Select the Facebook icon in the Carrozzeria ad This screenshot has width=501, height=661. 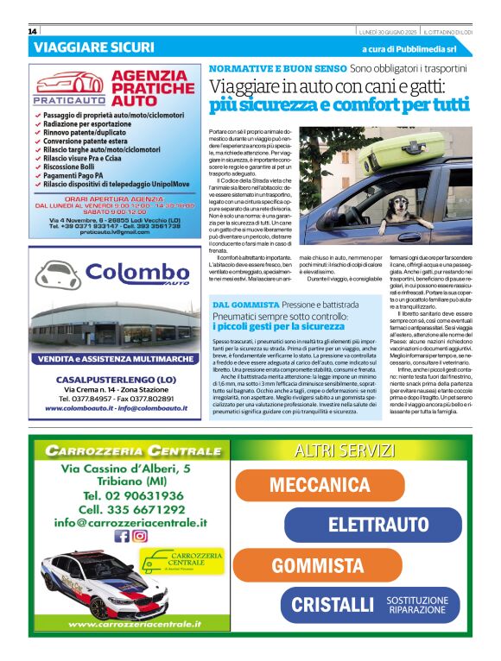click(x=122, y=536)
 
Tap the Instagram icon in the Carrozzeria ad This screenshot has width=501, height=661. click(x=139, y=536)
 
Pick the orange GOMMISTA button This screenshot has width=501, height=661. click(x=318, y=566)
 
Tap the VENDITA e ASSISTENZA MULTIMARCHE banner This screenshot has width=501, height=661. click(x=114, y=359)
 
